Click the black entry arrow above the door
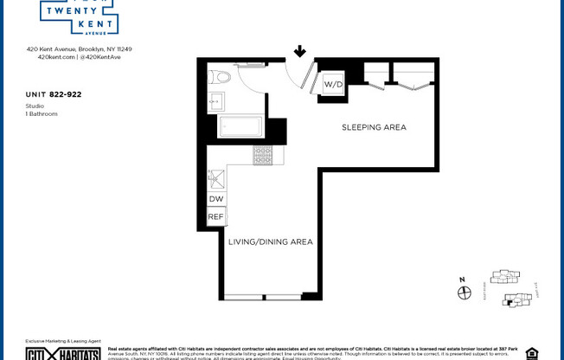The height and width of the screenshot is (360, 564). point(299,52)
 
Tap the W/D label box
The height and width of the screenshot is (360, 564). point(334,85)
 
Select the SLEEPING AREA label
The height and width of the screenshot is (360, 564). point(374,127)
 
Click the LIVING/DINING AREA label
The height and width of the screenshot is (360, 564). point(270,241)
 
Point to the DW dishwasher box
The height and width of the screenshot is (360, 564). point(216,199)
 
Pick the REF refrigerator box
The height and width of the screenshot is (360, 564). point(216,217)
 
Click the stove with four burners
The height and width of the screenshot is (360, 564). point(262,155)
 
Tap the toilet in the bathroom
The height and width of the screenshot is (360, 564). point(221,77)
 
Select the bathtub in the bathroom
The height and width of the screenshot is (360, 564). point(240,127)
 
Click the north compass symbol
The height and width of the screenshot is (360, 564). point(464,292)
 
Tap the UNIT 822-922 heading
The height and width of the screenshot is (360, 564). point(54,93)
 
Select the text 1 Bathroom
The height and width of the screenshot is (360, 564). point(42,113)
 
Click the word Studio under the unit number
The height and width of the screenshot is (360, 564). point(35,106)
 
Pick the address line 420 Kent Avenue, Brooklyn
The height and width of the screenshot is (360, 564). point(79,49)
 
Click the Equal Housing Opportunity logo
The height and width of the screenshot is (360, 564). point(531,353)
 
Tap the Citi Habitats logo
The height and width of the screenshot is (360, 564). point(48,353)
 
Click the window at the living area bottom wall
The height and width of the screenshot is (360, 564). point(263,297)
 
